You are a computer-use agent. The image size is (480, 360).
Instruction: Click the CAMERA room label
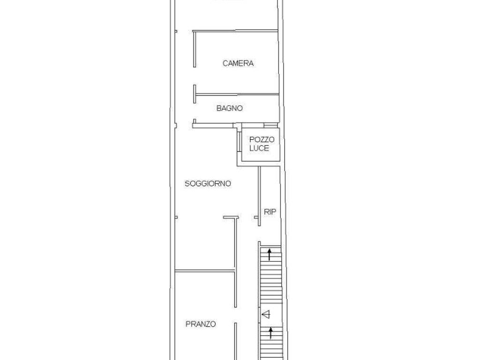[238, 63]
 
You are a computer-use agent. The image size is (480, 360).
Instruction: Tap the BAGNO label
[230, 108]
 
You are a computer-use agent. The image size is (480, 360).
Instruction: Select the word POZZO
[262, 140]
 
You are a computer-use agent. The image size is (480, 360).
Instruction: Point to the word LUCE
[259, 148]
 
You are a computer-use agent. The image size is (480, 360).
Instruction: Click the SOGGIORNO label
[208, 184]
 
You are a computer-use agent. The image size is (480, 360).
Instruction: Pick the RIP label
[270, 212]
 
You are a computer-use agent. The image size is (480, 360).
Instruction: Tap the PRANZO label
[201, 324]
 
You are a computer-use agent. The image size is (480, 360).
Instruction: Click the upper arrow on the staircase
[270, 255]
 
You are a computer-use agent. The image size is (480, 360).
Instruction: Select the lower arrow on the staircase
[270, 333]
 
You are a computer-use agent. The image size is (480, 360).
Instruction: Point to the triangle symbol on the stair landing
[266, 315]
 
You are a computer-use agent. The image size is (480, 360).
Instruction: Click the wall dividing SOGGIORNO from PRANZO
[204, 270]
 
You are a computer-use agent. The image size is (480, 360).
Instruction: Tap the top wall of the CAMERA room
[235, 31]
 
